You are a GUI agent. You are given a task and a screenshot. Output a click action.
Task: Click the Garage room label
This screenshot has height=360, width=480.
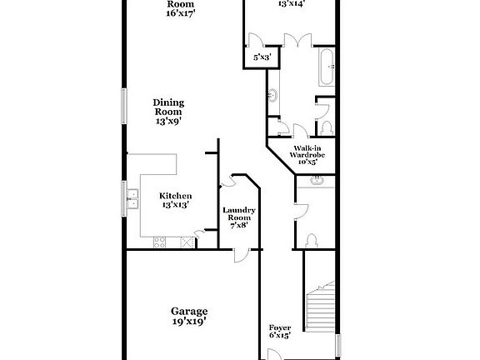(x=189, y=311)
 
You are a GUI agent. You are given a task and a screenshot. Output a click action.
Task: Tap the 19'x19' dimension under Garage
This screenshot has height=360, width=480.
(x=189, y=321)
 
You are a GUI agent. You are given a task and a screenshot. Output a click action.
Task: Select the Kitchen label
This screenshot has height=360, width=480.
(x=176, y=196)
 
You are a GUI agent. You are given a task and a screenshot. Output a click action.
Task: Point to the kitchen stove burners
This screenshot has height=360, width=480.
(x=159, y=242)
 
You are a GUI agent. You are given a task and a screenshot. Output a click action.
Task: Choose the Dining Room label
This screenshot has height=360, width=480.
(x=167, y=107)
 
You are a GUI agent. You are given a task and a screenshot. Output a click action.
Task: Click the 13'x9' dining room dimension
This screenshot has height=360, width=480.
(x=167, y=121)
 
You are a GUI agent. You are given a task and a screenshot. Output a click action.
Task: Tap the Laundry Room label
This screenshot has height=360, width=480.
(x=239, y=214)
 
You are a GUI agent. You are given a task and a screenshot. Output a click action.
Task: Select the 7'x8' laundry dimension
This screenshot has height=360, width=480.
(x=239, y=225)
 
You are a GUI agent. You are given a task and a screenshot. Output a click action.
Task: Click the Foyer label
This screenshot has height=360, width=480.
(x=279, y=328)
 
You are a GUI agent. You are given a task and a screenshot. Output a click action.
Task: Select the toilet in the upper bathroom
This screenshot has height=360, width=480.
(x=326, y=127)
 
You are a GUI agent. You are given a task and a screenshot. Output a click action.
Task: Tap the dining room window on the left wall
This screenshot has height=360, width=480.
(x=125, y=106)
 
